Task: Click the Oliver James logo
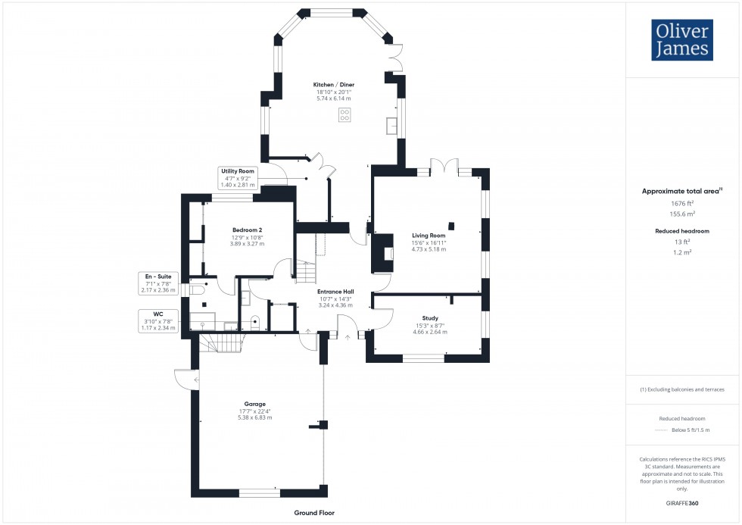(x=682, y=40)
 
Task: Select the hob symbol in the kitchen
(x=344, y=115)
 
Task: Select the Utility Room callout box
(x=238, y=177)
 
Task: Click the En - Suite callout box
(x=157, y=283)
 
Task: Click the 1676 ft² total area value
(x=683, y=204)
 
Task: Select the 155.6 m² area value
(x=683, y=214)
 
